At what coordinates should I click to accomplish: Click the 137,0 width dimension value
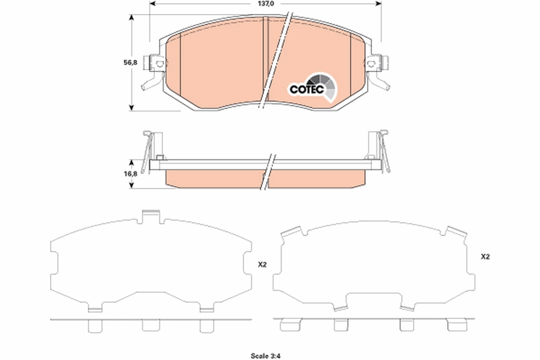point(265,4)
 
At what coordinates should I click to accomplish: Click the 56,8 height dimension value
point(117,63)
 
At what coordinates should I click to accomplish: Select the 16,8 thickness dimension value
point(117,174)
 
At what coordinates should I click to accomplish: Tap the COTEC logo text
point(306,90)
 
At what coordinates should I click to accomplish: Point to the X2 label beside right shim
point(485,257)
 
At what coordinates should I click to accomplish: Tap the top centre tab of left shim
point(150,216)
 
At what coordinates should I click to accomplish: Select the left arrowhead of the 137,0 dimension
point(152,4)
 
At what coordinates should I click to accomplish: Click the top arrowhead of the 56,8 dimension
point(131,18)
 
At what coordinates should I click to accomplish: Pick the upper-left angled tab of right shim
point(292,232)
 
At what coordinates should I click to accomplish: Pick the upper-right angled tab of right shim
point(455,232)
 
